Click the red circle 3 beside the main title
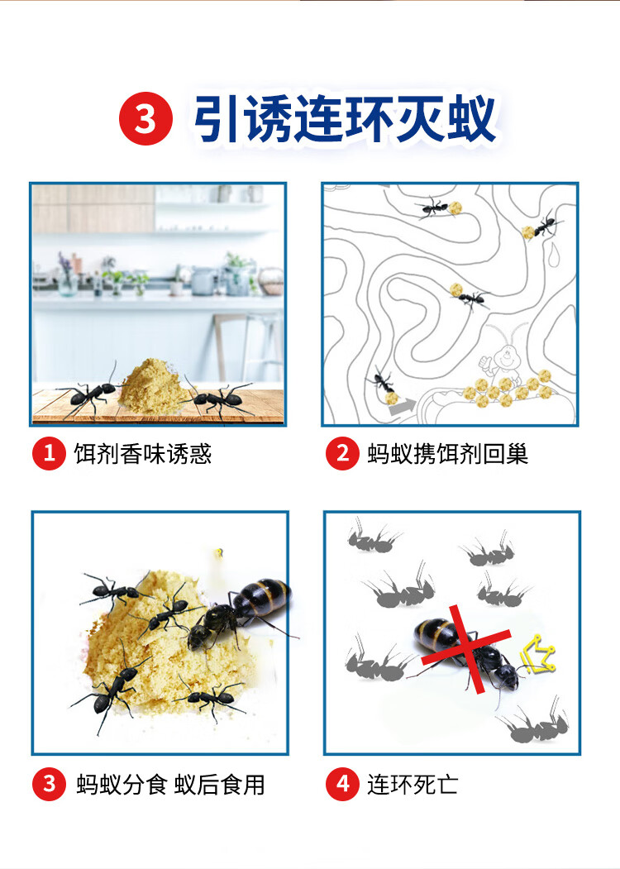pos(145,118)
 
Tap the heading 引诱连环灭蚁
pos(345,118)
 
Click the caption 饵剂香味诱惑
pos(143,454)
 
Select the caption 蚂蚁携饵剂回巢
pos(448,454)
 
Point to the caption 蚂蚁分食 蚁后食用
pos(170,785)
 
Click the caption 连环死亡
pos(413,785)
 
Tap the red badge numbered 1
pos(50,453)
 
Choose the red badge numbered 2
pos(342,453)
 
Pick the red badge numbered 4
pos(342,784)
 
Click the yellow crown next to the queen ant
pos(537,655)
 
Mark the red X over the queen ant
pos(466,648)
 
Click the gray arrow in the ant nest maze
pos(403,408)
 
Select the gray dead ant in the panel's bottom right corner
pos(535,723)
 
